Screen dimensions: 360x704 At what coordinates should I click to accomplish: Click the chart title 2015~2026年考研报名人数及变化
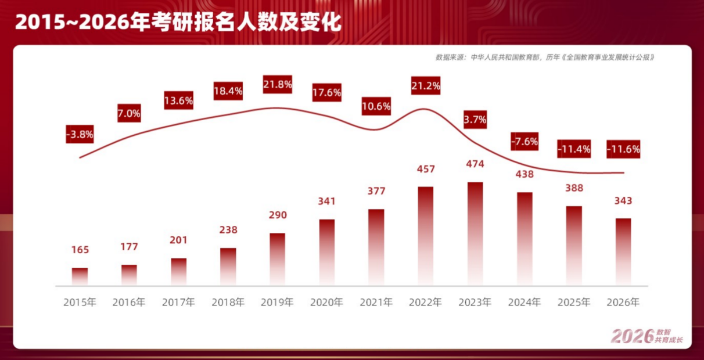[178, 22]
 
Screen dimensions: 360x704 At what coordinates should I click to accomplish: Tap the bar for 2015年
[80, 276]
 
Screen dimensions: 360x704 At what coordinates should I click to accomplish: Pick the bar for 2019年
[278, 258]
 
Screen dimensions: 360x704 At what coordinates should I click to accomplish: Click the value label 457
[426, 169]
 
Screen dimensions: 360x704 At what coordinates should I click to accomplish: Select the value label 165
[80, 250]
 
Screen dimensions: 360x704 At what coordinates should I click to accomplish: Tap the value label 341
[327, 201]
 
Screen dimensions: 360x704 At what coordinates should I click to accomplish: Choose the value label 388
[574, 188]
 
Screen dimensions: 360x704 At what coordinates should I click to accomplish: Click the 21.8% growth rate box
[278, 84]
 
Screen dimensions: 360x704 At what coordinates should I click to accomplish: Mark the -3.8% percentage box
[80, 134]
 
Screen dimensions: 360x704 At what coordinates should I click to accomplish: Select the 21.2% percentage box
[426, 86]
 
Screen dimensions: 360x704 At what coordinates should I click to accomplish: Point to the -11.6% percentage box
[623, 149]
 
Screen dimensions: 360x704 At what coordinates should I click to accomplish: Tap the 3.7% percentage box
[475, 120]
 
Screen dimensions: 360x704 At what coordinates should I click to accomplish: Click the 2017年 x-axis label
[178, 303]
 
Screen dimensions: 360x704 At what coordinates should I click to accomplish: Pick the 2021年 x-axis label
[376, 303]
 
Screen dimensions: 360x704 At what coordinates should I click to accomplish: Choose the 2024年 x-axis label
[525, 303]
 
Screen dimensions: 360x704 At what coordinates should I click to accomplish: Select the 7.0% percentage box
[129, 114]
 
